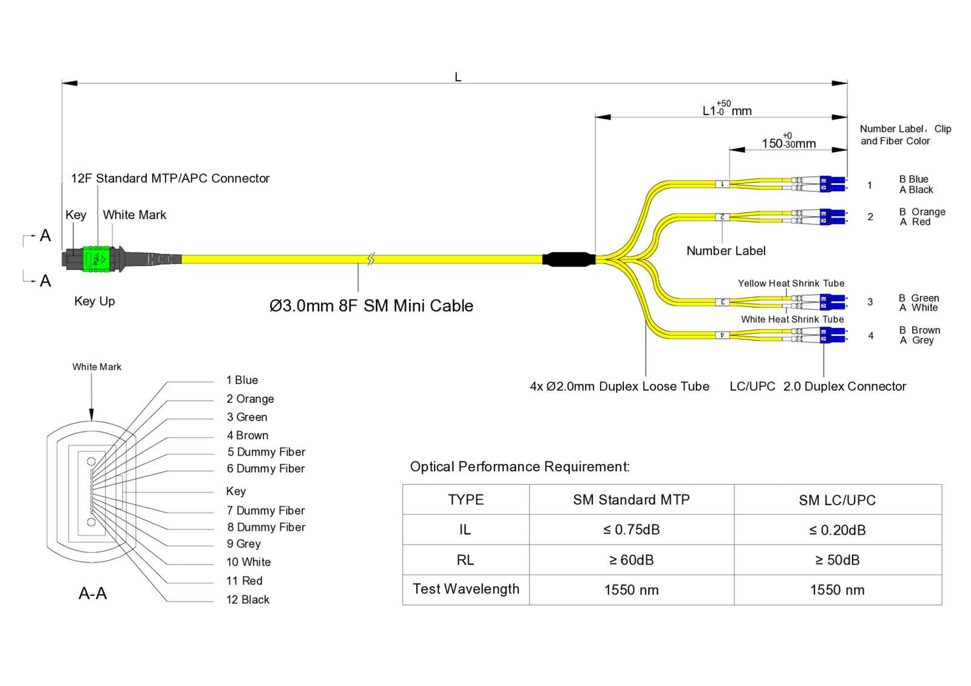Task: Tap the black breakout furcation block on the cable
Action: pyautogui.click(x=568, y=260)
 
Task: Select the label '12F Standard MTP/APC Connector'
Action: pyautogui.click(x=170, y=178)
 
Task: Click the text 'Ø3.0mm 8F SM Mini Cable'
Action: pyautogui.click(x=371, y=305)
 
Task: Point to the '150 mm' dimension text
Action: pyautogui.click(x=788, y=143)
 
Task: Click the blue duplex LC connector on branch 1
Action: pyautogui.click(x=832, y=184)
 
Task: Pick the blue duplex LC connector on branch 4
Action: pyautogui.click(x=832, y=335)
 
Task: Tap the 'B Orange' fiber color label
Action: pyautogui.click(x=922, y=212)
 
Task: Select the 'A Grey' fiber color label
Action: pyautogui.click(x=917, y=340)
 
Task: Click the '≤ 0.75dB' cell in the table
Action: pyautogui.click(x=631, y=529)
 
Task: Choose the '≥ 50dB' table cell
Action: pyautogui.click(x=837, y=560)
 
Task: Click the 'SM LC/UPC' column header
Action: pyautogui.click(x=837, y=500)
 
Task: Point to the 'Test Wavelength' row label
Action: pyautogui.click(x=465, y=589)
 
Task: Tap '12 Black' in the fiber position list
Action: pyautogui.click(x=248, y=599)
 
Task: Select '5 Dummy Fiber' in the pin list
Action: pyautogui.click(x=266, y=452)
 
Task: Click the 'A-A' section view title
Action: pyautogui.click(x=93, y=593)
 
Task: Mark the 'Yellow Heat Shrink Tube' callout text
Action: pyautogui.click(x=791, y=283)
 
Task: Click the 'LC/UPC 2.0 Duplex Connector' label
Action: pyautogui.click(x=818, y=386)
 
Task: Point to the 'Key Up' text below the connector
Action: pyautogui.click(x=95, y=301)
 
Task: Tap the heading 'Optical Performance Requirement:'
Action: pyautogui.click(x=520, y=467)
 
